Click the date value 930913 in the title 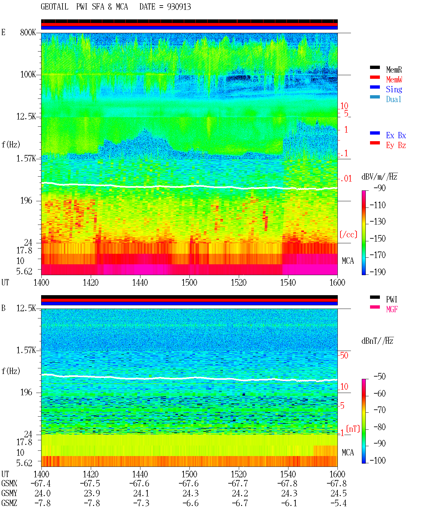click(x=179, y=7)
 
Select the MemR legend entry click(x=394, y=70)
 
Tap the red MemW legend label click(x=394, y=79)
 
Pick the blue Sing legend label click(x=394, y=89)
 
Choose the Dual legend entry click(x=393, y=99)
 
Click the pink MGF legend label click(x=392, y=309)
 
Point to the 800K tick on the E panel click(x=28, y=32)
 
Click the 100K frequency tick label click(x=28, y=75)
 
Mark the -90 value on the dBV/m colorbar click(x=379, y=188)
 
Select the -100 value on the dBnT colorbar click(x=377, y=460)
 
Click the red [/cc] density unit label click(x=348, y=234)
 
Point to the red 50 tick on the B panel click(x=344, y=355)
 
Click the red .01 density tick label click(x=346, y=179)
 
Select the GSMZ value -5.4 click(x=338, y=503)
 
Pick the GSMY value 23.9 click(x=92, y=493)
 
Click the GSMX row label click(x=9, y=483)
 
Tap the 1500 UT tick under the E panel click(x=189, y=282)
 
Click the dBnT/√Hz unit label click(x=377, y=341)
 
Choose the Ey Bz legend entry click(x=396, y=145)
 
